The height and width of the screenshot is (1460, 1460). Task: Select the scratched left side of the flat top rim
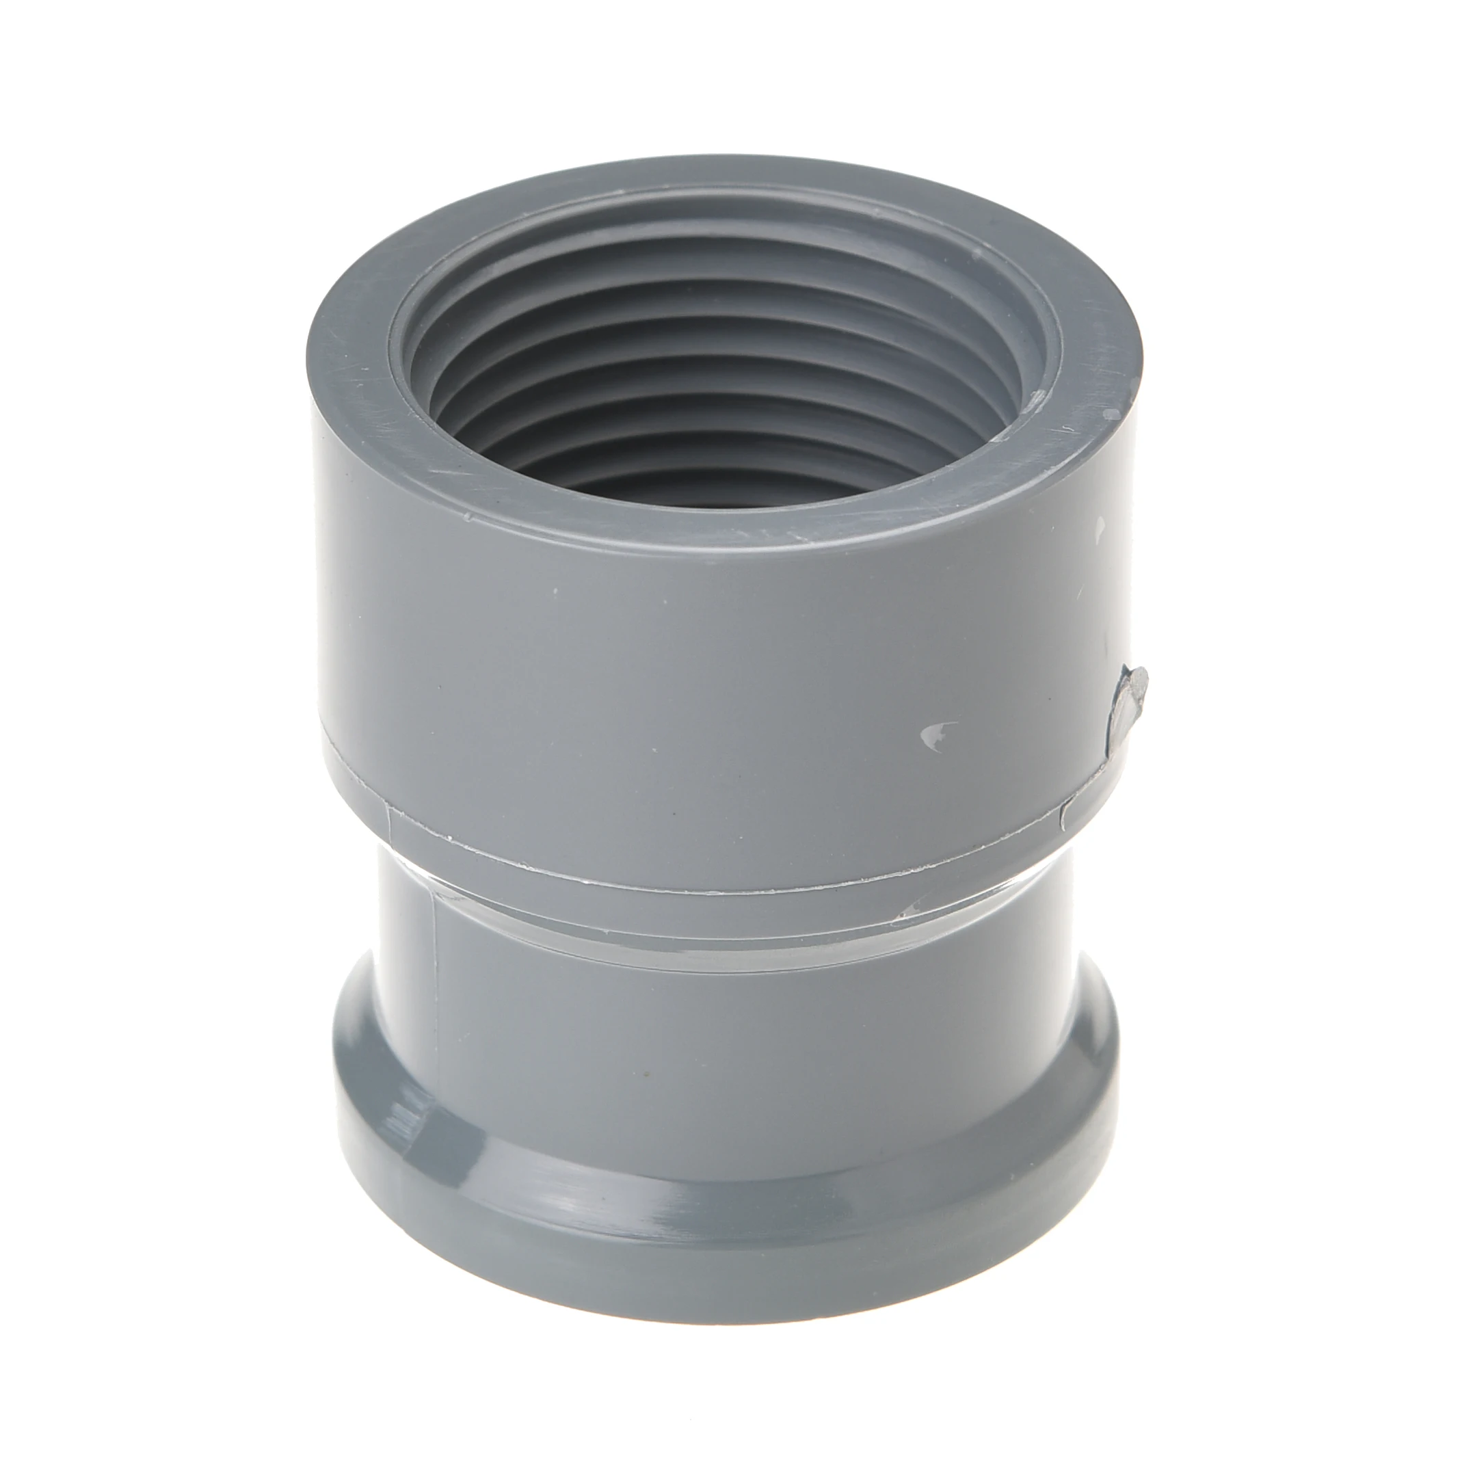click(355, 362)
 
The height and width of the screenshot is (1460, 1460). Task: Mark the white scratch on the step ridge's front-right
click(918, 906)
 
